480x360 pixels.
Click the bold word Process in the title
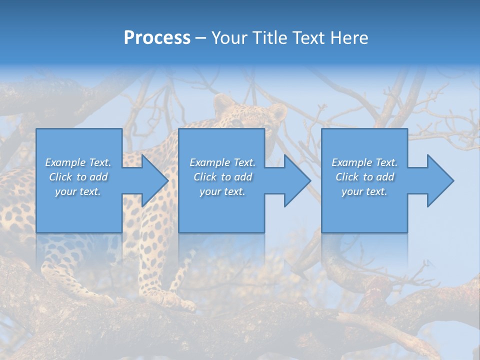157,38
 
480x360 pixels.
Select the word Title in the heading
268,38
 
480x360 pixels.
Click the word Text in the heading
309,38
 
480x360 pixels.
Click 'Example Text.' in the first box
78,162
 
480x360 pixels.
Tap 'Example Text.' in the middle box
222,162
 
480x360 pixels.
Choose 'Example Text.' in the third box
364,162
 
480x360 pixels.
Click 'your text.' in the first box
78,191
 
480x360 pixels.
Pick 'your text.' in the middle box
222,191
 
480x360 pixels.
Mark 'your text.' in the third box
364,191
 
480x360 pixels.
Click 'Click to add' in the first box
78,177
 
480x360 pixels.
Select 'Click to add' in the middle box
222,177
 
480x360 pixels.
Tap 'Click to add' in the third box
364,177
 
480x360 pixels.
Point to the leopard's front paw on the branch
182,302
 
